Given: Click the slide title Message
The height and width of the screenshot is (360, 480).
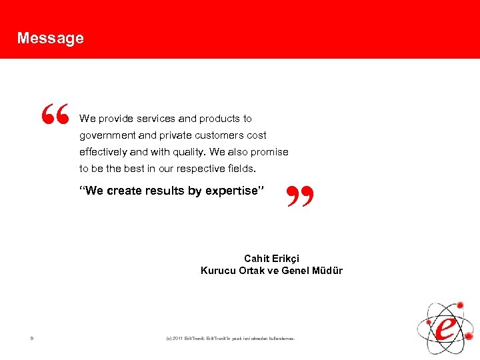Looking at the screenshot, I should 51,38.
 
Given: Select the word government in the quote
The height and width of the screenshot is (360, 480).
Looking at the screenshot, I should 106,135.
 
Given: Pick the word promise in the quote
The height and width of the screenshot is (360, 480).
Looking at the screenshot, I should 271,152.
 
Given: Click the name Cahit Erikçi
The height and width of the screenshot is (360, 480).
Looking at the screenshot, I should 271,259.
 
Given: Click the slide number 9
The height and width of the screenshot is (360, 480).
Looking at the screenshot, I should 31,339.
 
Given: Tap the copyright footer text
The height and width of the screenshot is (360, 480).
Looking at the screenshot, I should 230,339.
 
